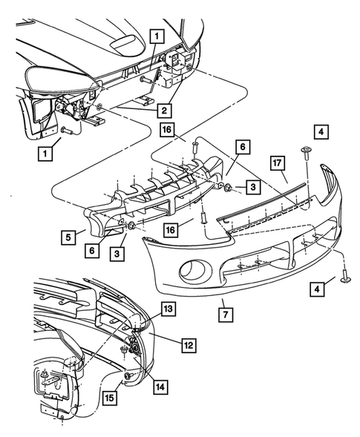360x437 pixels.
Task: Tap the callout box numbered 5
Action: click(68, 237)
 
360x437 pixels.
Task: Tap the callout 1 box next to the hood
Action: click(156, 34)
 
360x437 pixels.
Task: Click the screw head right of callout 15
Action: click(128, 378)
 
